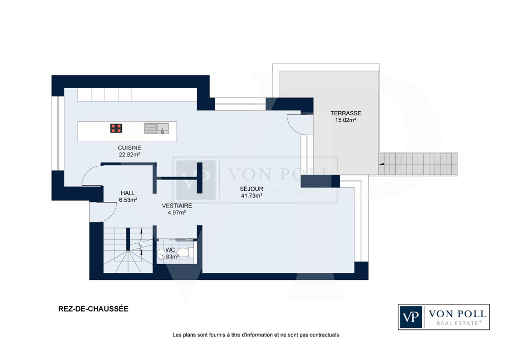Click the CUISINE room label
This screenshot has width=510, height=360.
pyautogui.click(x=130, y=148)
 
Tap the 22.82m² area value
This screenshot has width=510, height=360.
pyautogui.click(x=130, y=155)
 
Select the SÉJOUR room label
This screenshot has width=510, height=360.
pyautogui.click(x=251, y=189)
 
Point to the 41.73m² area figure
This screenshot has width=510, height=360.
pyautogui.click(x=251, y=196)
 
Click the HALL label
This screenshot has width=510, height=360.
pyautogui.click(x=128, y=193)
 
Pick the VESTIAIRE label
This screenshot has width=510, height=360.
pyautogui.click(x=177, y=206)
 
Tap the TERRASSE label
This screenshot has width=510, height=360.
pyautogui.click(x=346, y=113)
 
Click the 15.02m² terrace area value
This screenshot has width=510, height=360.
pyautogui.click(x=346, y=120)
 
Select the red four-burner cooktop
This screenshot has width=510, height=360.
pyautogui.click(x=116, y=128)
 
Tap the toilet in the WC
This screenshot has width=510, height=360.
pyautogui.click(x=185, y=253)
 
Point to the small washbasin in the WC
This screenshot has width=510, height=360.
pyautogui.click(x=161, y=253)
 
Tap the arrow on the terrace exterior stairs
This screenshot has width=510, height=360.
pyautogui.click(x=381, y=164)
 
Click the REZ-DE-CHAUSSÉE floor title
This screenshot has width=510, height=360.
pyautogui.click(x=93, y=309)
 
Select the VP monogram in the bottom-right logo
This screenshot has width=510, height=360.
pyautogui.click(x=411, y=317)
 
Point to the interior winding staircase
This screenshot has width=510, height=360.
pyautogui.click(x=128, y=250)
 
